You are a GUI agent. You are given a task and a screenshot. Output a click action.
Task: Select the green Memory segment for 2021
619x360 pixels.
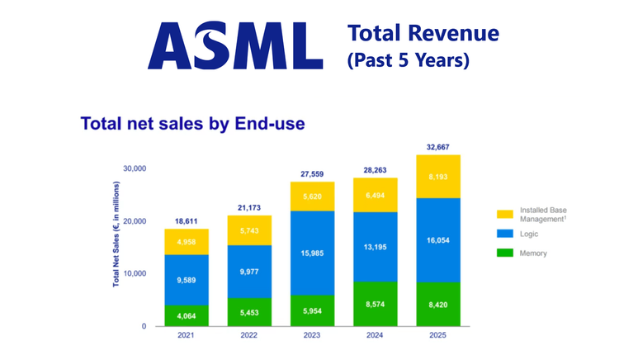[x=186, y=315]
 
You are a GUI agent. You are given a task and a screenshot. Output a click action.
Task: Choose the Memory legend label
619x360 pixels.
[x=534, y=253]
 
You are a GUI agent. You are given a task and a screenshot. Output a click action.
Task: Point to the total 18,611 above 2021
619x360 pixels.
[x=186, y=221]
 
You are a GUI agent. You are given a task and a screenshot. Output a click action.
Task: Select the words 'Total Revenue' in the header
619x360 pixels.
[x=423, y=33]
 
